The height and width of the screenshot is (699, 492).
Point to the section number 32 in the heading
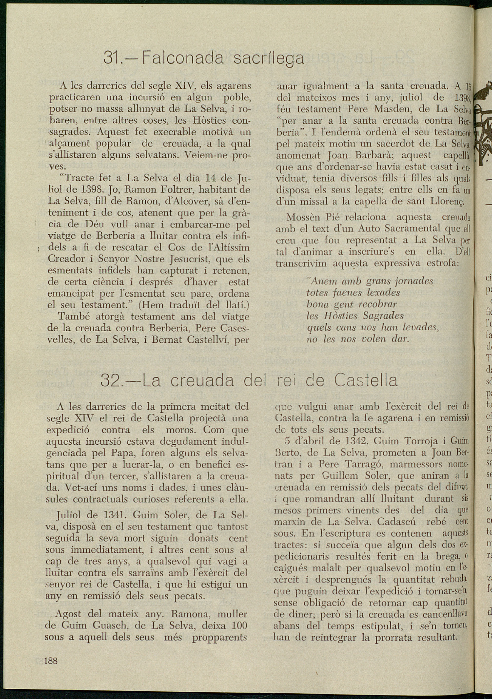pyautogui.click(x=110, y=380)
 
